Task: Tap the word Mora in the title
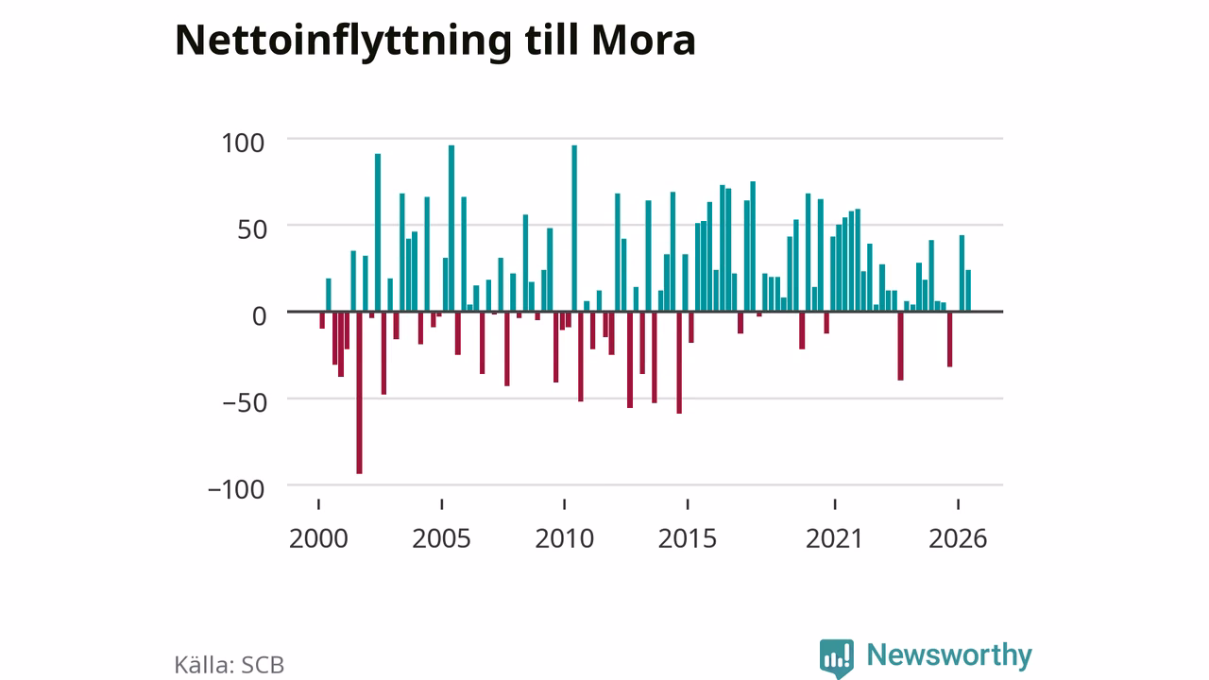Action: tap(643, 41)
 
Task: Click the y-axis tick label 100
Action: tap(243, 144)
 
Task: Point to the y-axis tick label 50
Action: tap(252, 230)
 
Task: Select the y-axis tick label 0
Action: tap(259, 316)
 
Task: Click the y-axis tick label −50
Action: tap(245, 403)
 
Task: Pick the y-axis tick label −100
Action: tap(236, 490)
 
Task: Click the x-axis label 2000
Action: tap(318, 538)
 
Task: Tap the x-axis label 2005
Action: tap(441, 538)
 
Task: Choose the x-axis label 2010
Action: tap(565, 538)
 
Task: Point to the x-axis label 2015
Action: tap(688, 538)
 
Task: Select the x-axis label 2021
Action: tap(835, 538)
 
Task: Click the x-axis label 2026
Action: tap(958, 538)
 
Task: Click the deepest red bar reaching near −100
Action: tap(360, 393)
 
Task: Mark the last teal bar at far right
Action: tap(968, 291)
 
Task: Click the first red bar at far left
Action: tap(322, 320)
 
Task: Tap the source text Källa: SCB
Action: tap(230, 665)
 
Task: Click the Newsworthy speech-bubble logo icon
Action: tap(837, 658)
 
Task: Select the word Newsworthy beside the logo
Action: tap(949, 655)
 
